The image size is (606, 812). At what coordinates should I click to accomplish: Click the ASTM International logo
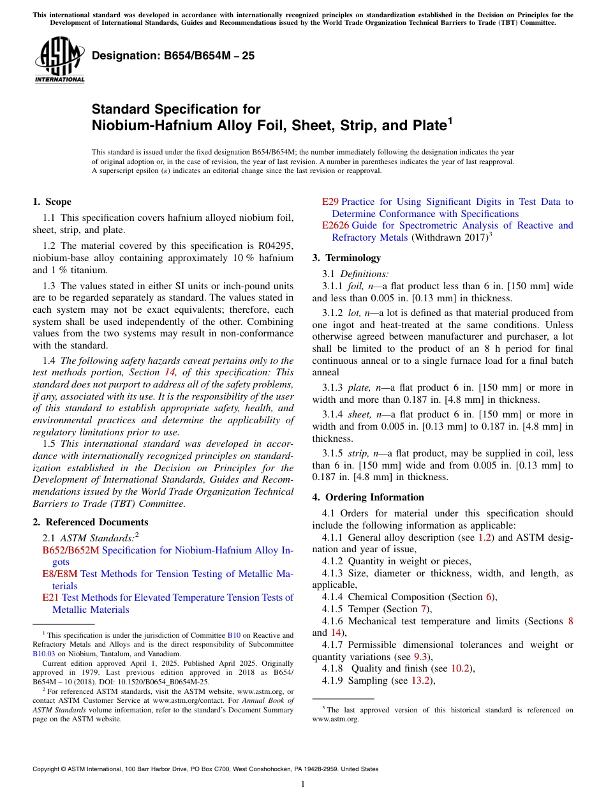point(59,61)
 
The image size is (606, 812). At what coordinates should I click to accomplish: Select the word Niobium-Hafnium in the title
point(142,125)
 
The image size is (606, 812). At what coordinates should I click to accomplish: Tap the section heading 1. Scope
point(52,202)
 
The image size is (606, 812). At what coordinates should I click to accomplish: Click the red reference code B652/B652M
point(71,550)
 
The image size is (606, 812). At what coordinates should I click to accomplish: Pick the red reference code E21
point(50,598)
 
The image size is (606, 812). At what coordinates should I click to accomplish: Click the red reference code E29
point(330,202)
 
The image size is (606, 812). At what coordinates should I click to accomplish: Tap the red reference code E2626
point(335,225)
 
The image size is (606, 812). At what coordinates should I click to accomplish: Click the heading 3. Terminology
point(346,258)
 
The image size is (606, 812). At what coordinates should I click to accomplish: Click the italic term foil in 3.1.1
point(355,285)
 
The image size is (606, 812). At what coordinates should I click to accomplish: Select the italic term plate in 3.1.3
point(358,387)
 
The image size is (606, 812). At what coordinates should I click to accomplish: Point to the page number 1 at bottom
point(303,785)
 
